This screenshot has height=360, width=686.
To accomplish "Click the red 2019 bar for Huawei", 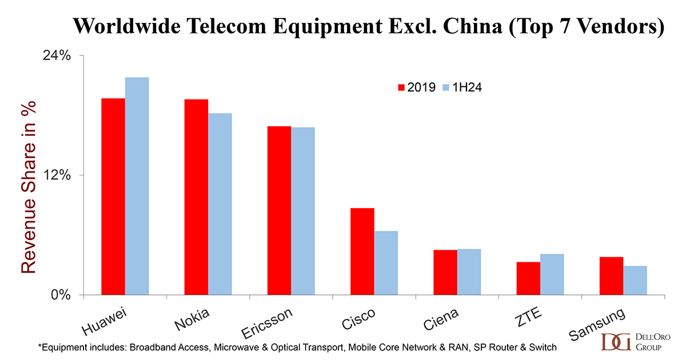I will pos(113,197).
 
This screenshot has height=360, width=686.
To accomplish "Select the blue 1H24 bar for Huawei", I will pos(137,186).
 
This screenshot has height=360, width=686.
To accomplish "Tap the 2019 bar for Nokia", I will pos(196,197).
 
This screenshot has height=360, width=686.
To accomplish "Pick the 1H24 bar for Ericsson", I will pos(303,211).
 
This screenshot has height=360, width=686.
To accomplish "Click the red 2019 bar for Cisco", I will pos(362,251).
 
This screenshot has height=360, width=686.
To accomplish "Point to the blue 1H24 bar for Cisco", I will pos(386,263).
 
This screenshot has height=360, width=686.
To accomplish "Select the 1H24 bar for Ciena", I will pos(469,272).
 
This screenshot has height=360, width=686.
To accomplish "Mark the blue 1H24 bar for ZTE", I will pos(552,274).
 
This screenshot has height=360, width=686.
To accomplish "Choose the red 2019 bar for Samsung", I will pos(611,276).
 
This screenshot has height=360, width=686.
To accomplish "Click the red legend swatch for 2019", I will pos(401,87).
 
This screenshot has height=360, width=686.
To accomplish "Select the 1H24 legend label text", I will pos(469,87).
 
